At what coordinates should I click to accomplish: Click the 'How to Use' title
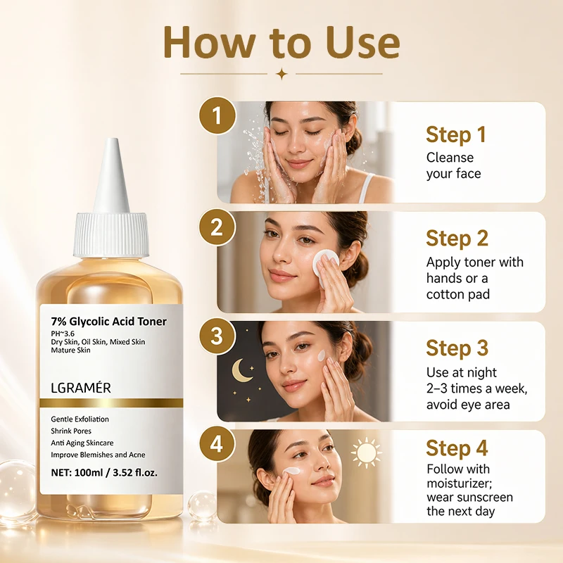tap(282, 42)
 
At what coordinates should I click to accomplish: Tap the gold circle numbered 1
tap(217, 115)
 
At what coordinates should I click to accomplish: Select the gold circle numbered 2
tap(217, 227)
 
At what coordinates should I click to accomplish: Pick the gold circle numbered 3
tap(217, 336)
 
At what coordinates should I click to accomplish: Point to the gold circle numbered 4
tap(217, 445)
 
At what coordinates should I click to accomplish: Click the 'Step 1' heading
tap(456, 135)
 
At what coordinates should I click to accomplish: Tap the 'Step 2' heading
tap(457, 239)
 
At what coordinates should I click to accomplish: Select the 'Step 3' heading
tap(457, 348)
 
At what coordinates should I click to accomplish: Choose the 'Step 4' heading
tap(457, 448)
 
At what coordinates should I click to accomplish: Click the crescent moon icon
tap(240, 370)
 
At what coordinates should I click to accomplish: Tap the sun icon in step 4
tap(366, 453)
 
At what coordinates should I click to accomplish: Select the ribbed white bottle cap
tap(111, 235)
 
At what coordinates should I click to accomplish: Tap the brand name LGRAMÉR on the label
tap(81, 388)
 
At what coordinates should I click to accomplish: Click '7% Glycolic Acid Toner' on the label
tap(109, 322)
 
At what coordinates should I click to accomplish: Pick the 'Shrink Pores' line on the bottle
tap(71, 431)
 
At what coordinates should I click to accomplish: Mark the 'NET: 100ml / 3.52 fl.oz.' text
tap(104, 472)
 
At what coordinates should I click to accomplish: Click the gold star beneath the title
tap(282, 74)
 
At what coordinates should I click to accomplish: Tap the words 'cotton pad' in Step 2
tap(458, 294)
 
